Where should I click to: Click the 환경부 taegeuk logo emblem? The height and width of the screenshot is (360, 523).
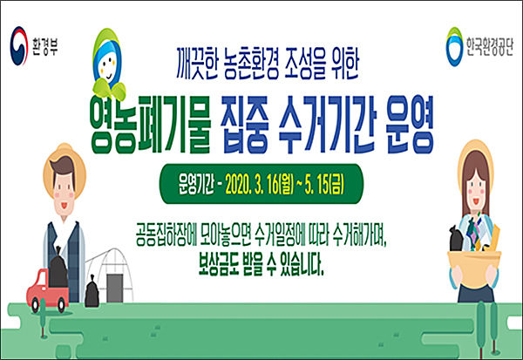19,45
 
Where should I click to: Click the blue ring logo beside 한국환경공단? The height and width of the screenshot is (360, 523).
454,47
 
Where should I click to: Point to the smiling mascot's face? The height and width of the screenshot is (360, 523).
107,65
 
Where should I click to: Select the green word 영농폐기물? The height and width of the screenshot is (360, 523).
150,126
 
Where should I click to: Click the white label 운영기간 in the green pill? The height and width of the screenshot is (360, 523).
196,184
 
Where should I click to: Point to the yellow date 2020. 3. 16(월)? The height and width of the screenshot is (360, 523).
259,184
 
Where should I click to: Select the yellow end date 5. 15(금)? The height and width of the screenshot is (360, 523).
324,184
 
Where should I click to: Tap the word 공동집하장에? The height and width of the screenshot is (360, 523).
166,234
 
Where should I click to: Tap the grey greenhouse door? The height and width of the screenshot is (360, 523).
115,289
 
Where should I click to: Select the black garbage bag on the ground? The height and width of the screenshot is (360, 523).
92,292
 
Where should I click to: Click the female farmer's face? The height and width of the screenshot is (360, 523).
476,193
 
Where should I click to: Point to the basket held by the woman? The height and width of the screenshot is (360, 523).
474,268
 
